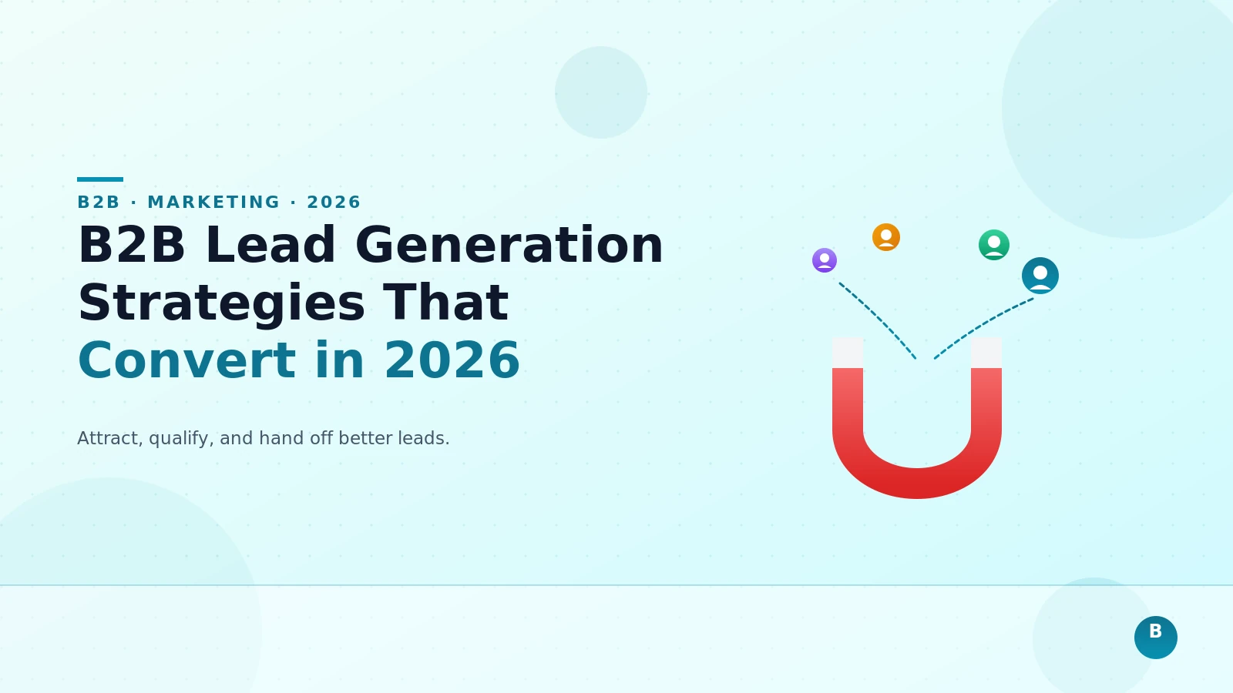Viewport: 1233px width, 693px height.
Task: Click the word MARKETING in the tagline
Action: tap(213, 203)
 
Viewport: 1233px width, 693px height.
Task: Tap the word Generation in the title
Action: tap(509, 246)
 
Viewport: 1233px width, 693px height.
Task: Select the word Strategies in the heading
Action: tap(221, 303)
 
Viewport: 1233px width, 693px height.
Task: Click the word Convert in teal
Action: tap(186, 360)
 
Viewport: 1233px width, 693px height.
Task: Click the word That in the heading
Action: tap(445, 303)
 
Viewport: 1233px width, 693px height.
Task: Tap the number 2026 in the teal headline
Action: tap(452, 360)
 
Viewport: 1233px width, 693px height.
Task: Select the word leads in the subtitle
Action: tap(423, 438)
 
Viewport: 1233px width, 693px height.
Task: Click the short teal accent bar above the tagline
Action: tap(100, 179)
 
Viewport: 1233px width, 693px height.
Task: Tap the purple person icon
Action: tap(825, 260)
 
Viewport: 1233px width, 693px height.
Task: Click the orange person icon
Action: tap(886, 237)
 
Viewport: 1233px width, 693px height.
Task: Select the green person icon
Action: tap(994, 245)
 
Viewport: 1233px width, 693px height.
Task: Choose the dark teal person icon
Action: tap(1040, 276)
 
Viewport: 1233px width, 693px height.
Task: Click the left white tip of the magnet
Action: tap(848, 353)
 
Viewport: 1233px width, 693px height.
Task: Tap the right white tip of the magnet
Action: tap(986, 353)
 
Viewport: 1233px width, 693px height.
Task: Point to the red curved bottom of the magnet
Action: tap(917, 483)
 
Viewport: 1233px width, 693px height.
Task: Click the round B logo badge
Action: tap(1156, 638)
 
